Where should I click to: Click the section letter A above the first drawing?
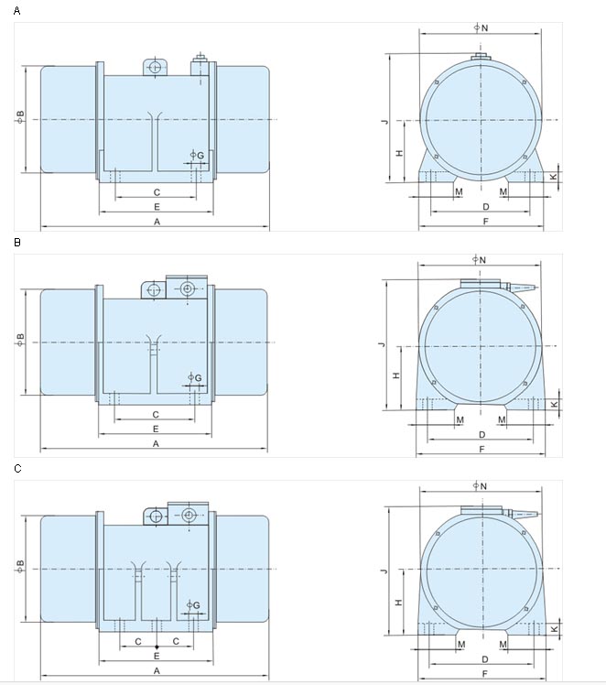[17, 10]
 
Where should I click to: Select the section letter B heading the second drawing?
[17, 242]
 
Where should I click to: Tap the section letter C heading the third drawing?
[17, 468]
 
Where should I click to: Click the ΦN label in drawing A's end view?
[482, 27]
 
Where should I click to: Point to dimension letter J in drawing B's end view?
[383, 344]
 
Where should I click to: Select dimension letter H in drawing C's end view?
[398, 602]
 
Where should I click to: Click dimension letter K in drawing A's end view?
[553, 177]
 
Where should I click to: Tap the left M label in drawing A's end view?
[459, 191]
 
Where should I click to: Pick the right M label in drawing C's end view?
[503, 645]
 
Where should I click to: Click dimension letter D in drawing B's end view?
[482, 435]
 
